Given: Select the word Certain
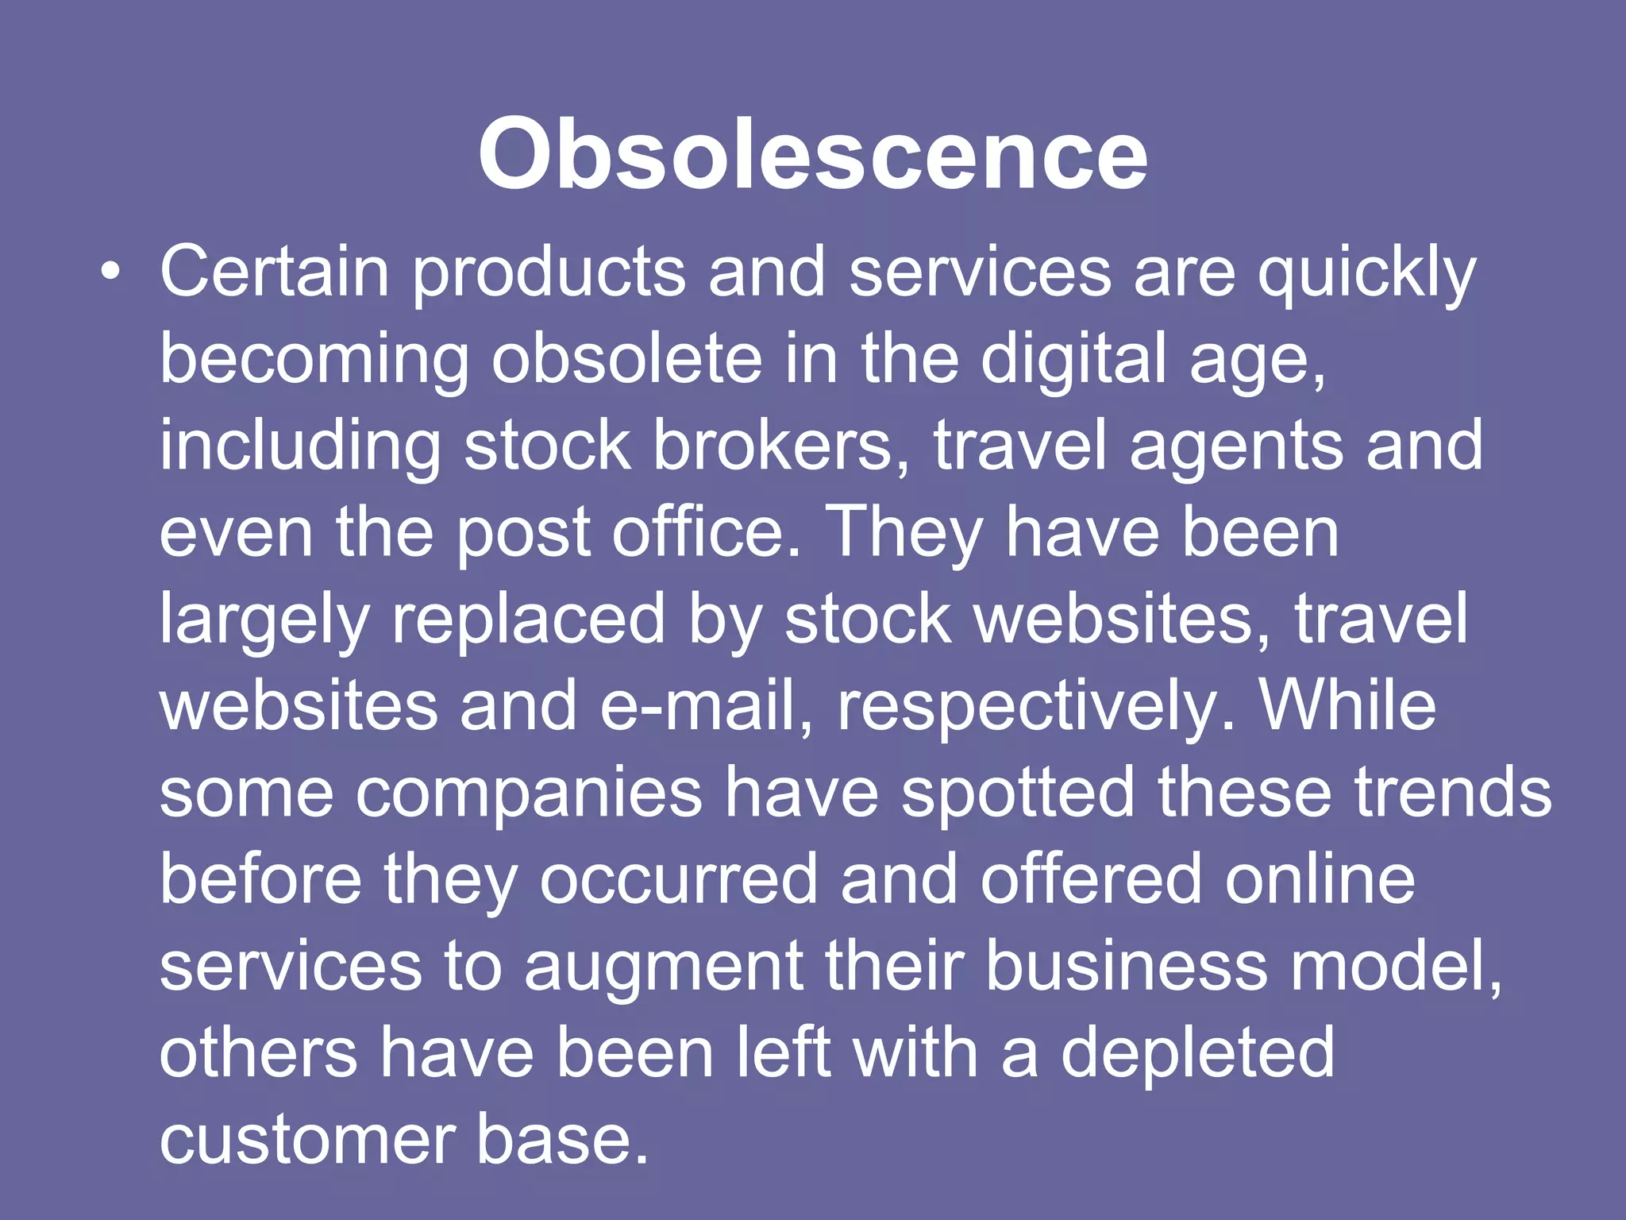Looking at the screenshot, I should click(x=274, y=272).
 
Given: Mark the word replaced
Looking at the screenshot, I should click(x=528, y=622).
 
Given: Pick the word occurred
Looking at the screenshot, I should click(x=679, y=880).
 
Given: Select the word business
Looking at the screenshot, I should click(x=1127, y=967).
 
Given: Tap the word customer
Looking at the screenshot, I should click(x=306, y=1141).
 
